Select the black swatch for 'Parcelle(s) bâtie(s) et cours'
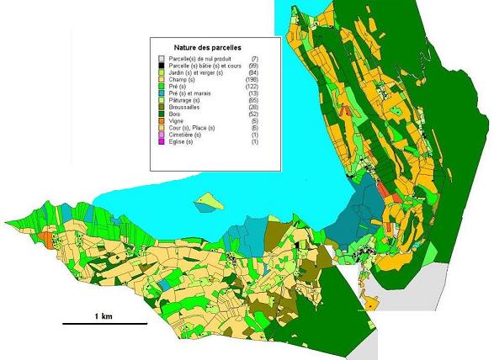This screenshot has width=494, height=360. (x=162, y=66)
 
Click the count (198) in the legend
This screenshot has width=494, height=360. (x=250, y=79)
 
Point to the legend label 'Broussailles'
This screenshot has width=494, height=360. (x=189, y=107)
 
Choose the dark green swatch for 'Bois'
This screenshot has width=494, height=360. (x=162, y=114)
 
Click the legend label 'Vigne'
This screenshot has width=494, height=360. (x=179, y=121)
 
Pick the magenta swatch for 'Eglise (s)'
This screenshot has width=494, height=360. (x=162, y=141)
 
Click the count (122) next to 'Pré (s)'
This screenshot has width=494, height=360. (x=250, y=87)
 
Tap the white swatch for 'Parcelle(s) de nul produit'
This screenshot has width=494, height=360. (x=162, y=59)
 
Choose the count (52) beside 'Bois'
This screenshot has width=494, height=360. (x=252, y=114)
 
